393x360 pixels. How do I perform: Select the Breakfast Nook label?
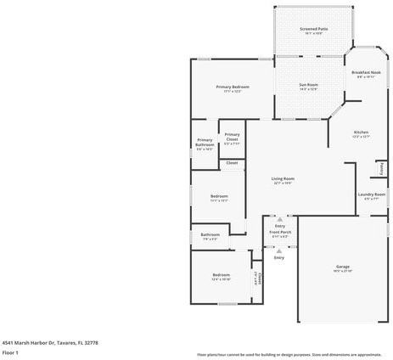coord(366,73)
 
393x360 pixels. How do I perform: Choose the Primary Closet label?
coord(232,138)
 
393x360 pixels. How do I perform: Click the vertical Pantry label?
coord(382,168)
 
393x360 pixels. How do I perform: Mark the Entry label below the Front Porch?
coord(278,257)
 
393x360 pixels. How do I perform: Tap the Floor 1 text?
coord(11,352)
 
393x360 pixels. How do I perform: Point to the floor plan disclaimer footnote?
coord(289,354)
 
